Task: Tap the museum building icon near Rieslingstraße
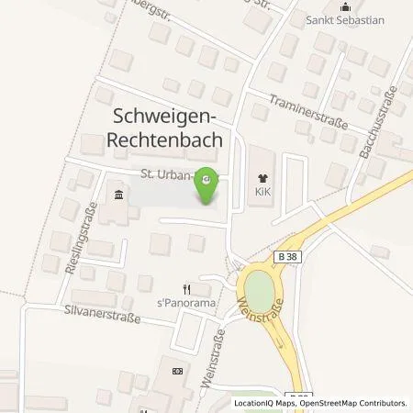point(118,194)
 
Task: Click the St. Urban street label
point(169,174)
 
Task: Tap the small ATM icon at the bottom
point(178,371)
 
